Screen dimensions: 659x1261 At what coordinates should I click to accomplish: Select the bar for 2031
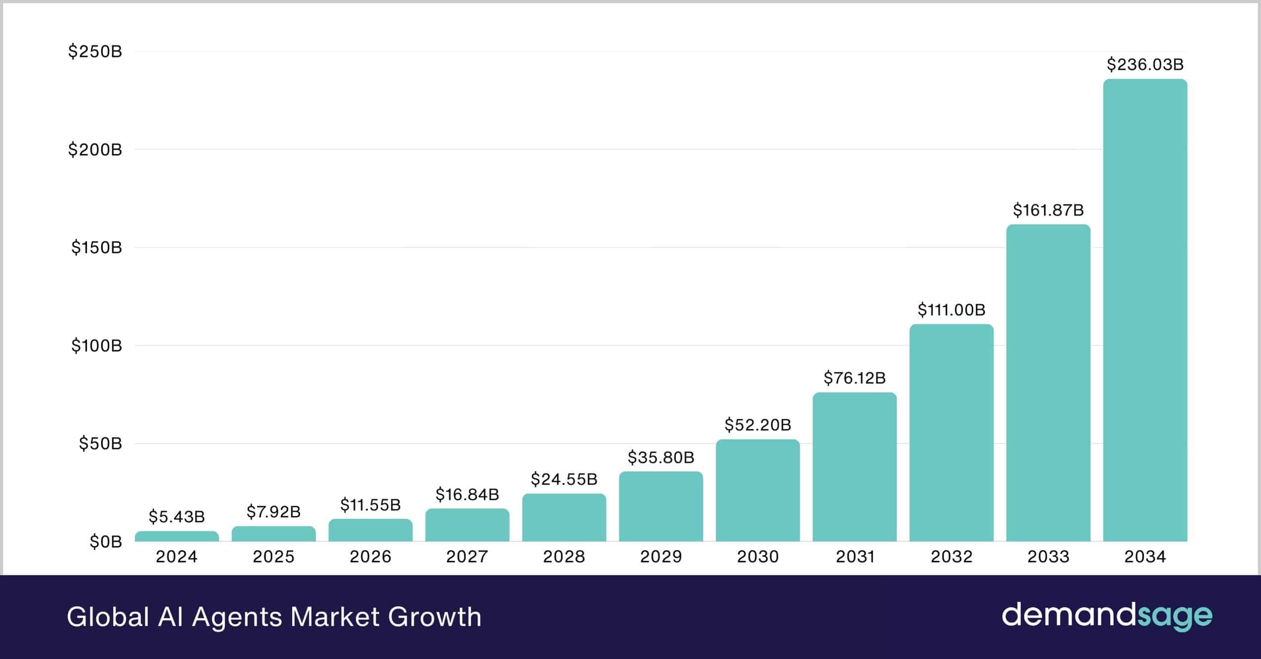tap(855, 467)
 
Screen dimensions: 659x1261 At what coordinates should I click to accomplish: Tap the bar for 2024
tap(177, 536)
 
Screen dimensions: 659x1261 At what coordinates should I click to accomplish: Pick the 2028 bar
tap(564, 518)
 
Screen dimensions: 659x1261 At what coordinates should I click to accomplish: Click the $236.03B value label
tap(1145, 64)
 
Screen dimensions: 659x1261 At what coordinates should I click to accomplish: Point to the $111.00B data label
tap(951, 310)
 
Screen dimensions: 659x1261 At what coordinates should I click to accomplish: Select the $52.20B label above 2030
tap(758, 425)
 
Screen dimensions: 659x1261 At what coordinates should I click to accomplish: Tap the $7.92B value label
tap(273, 512)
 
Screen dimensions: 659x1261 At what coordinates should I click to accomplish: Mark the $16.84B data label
tap(467, 494)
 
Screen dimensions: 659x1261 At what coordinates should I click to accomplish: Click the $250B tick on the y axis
tap(95, 51)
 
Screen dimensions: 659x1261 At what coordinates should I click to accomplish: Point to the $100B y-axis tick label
tap(96, 345)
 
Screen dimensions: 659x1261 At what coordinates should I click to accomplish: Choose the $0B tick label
tap(105, 542)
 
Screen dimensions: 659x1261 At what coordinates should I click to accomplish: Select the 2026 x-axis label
tap(370, 557)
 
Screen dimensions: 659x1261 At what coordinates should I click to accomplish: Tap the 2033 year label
tap(1048, 557)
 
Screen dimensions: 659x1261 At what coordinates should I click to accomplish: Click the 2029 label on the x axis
tap(661, 557)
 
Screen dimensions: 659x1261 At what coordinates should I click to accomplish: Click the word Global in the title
tap(108, 617)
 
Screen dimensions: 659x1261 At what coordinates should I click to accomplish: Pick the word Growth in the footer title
tap(435, 617)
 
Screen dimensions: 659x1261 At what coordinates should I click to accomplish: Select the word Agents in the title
tap(237, 617)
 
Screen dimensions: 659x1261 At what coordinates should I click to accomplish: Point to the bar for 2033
tap(1048, 383)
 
